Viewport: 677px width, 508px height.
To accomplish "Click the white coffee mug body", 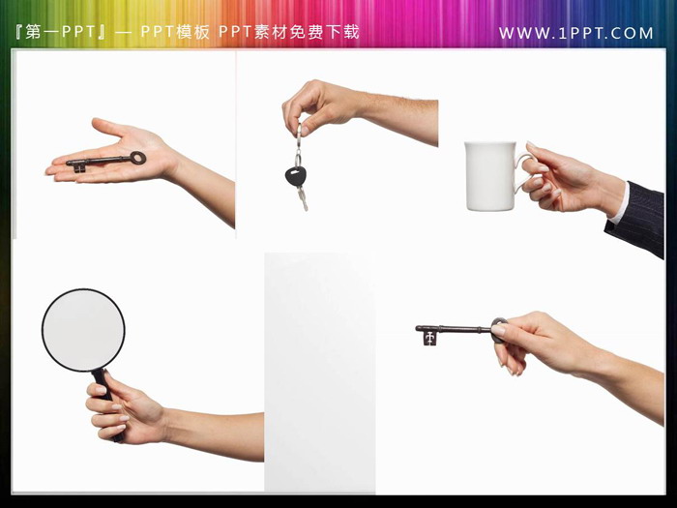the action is pos(490,176).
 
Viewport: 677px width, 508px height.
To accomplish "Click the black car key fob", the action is pos(296,176).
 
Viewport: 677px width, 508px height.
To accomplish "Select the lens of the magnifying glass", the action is pos(83,330).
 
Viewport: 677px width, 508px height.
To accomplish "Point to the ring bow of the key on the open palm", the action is pos(138,158).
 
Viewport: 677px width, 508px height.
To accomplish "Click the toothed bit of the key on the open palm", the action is pos(78,166).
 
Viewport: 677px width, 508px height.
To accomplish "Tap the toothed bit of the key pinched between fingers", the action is pos(429,339).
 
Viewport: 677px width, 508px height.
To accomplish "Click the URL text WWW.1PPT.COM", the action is pos(576,33).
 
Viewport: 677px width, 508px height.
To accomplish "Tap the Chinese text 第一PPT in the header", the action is pos(60,32).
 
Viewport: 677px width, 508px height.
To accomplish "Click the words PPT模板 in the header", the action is pos(175,32).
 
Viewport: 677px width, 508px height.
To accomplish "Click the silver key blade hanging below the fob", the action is pos(303,198).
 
